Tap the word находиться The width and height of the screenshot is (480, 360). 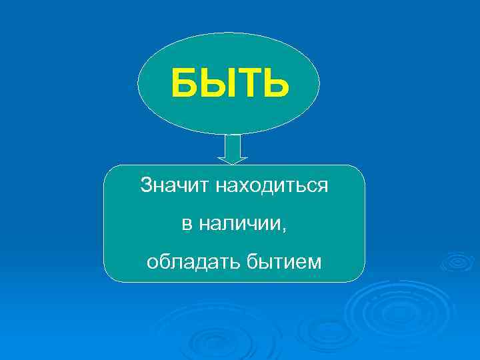[x=271, y=185]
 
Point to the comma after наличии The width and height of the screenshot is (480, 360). [x=285, y=229]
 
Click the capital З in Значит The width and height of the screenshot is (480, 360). [x=145, y=185]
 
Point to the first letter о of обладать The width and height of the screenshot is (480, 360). [x=151, y=264]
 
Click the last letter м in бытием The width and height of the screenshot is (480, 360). [x=315, y=264]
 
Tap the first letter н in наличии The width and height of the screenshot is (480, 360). [x=203, y=225]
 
